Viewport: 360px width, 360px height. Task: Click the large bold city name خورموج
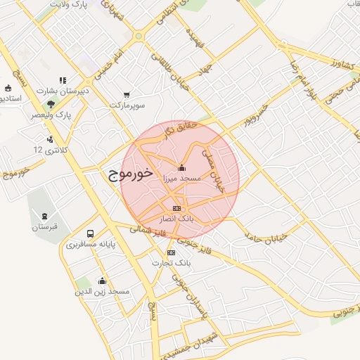tap(131, 175)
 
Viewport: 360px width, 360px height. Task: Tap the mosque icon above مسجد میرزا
tap(182, 167)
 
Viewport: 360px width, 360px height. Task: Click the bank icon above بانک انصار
tap(176, 208)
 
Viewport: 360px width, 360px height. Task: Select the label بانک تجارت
tap(172, 262)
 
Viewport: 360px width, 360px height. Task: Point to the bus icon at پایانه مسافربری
tap(90, 233)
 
